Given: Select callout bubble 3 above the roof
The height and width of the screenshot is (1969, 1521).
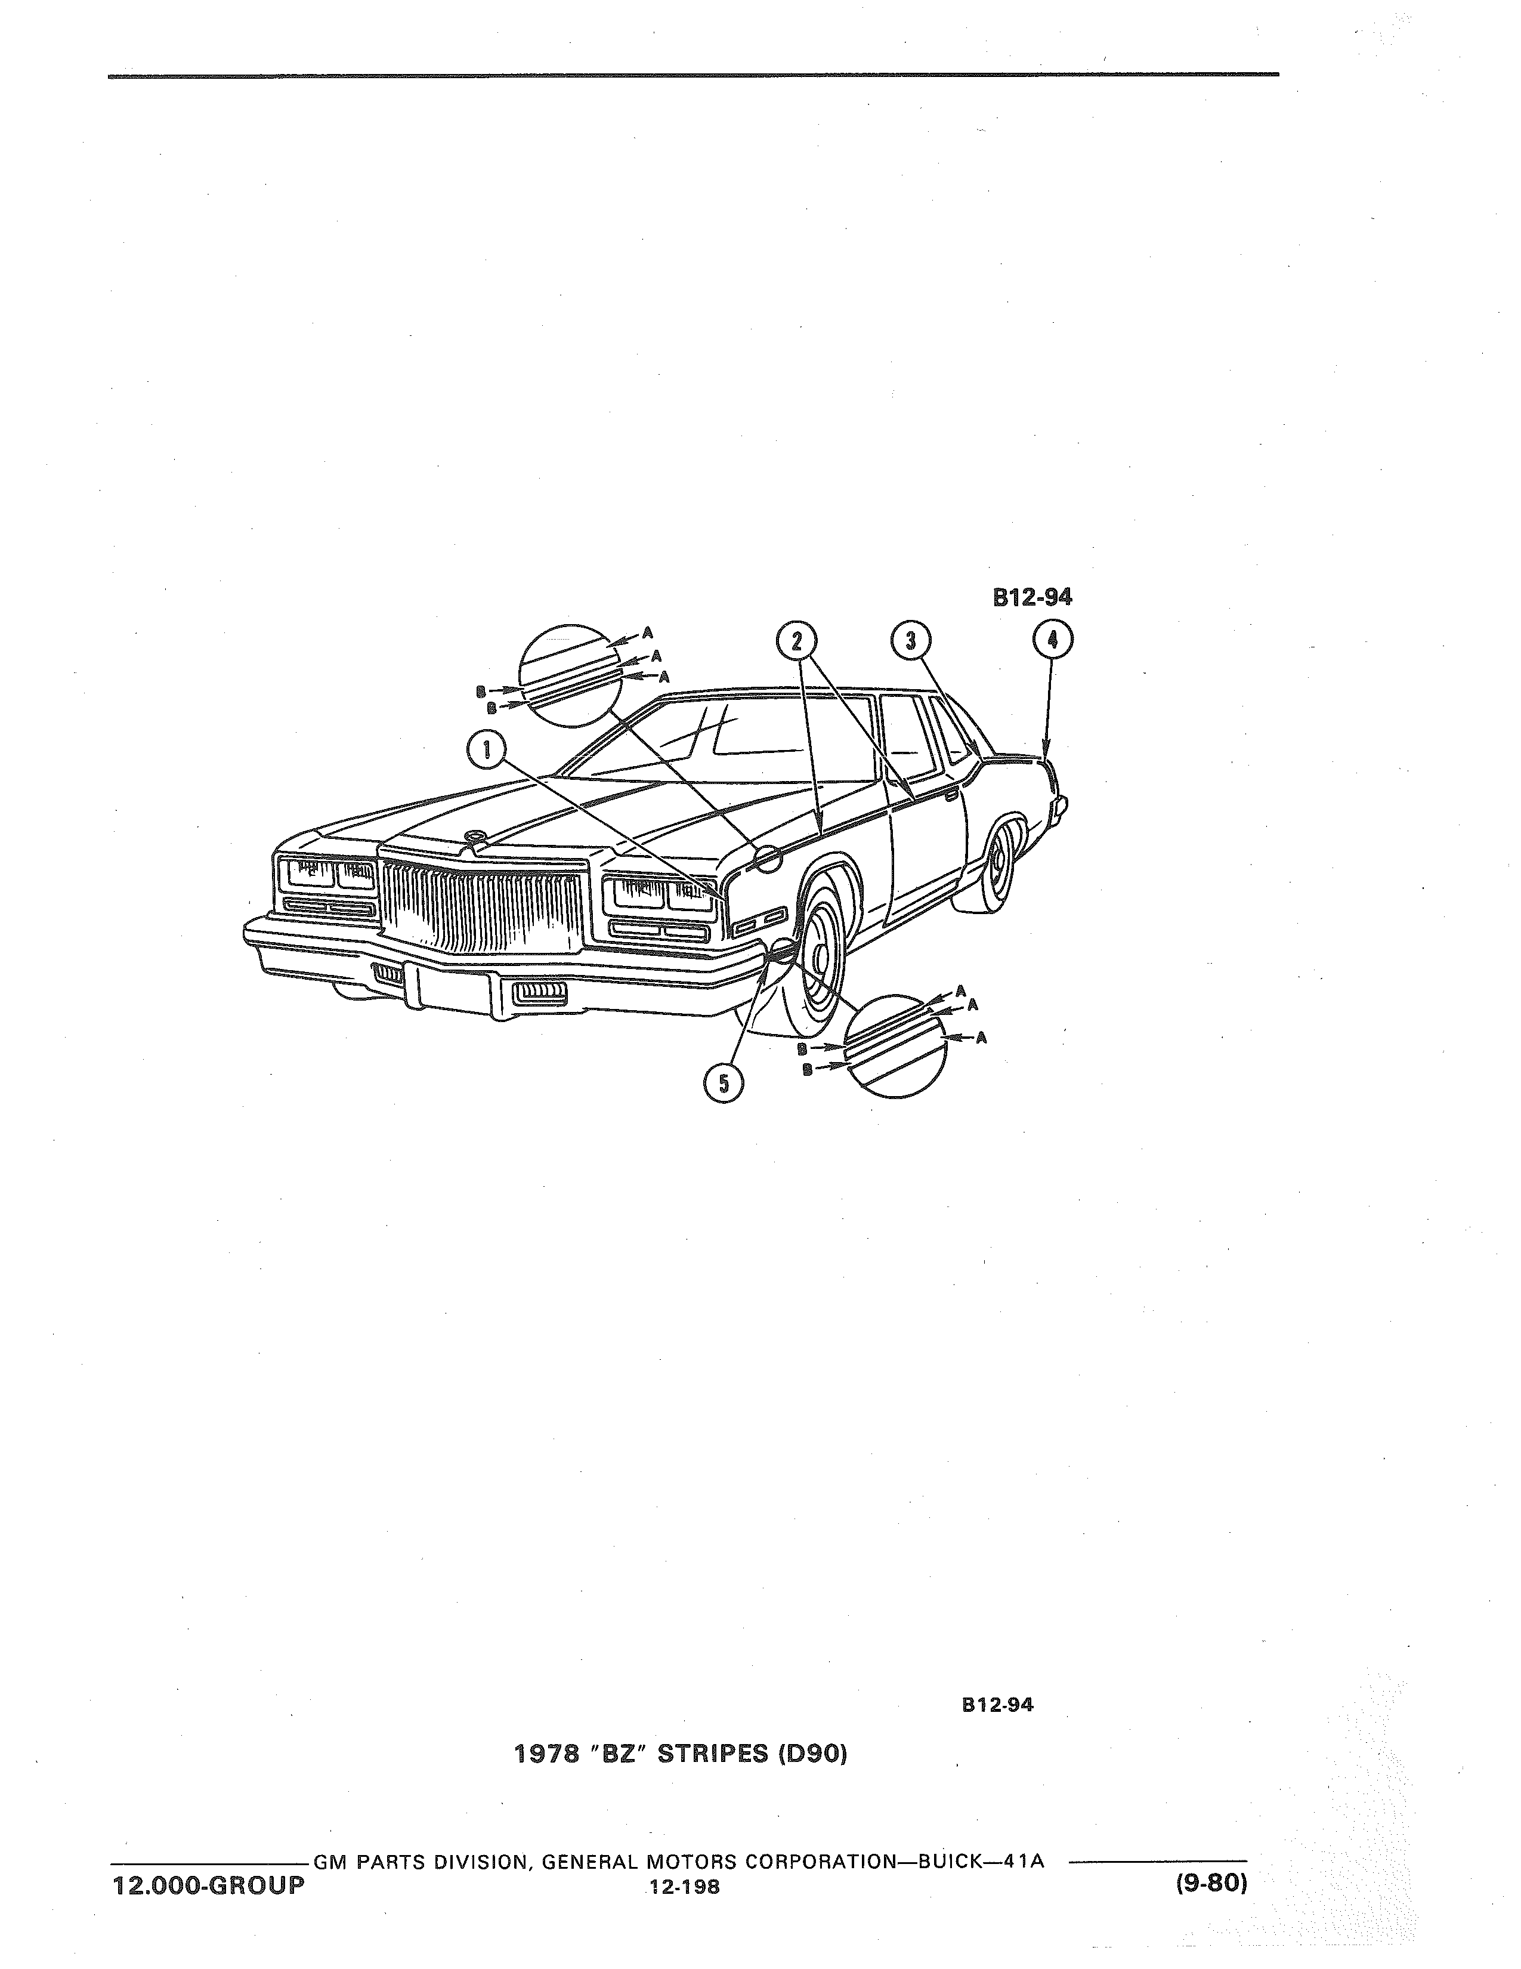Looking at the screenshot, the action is point(910,641).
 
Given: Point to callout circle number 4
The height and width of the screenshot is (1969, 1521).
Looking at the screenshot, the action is point(1052,642).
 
